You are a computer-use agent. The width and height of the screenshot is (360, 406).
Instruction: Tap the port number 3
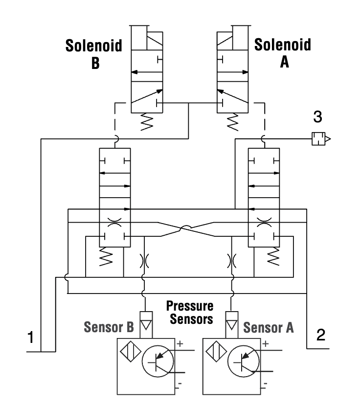click(x=318, y=118)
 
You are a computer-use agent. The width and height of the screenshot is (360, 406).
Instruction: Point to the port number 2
click(x=320, y=335)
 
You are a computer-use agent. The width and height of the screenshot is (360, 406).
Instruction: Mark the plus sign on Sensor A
click(x=265, y=344)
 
